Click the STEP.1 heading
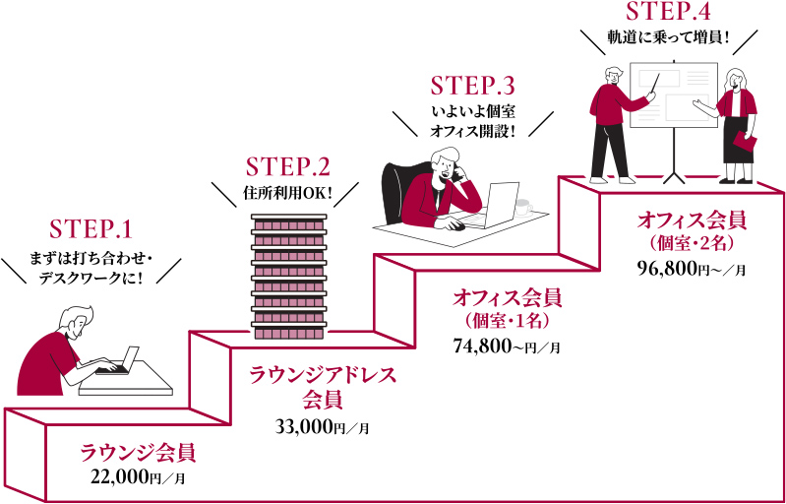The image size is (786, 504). pyautogui.click(x=90, y=229)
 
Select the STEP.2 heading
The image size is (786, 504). pyautogui.click(x=287, y=164)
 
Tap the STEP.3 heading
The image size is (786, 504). pyautogui.click(x=472, y=86)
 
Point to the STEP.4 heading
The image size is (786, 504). pyautogui.click(x=668, y=13)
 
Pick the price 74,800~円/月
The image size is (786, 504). pyautogui.click(x=507, y=346)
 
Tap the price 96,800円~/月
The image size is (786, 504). pyautogui.click(x=692, y=269)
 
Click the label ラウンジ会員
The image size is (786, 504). pyautogui.click(x=138, y=453)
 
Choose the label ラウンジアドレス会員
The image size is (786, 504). pyautogui.click(x=322, y=387)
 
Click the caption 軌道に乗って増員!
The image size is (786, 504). pyautogui.click(x=668, y=38)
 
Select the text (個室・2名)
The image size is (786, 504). pyautogui.click(x=692, y=242)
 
